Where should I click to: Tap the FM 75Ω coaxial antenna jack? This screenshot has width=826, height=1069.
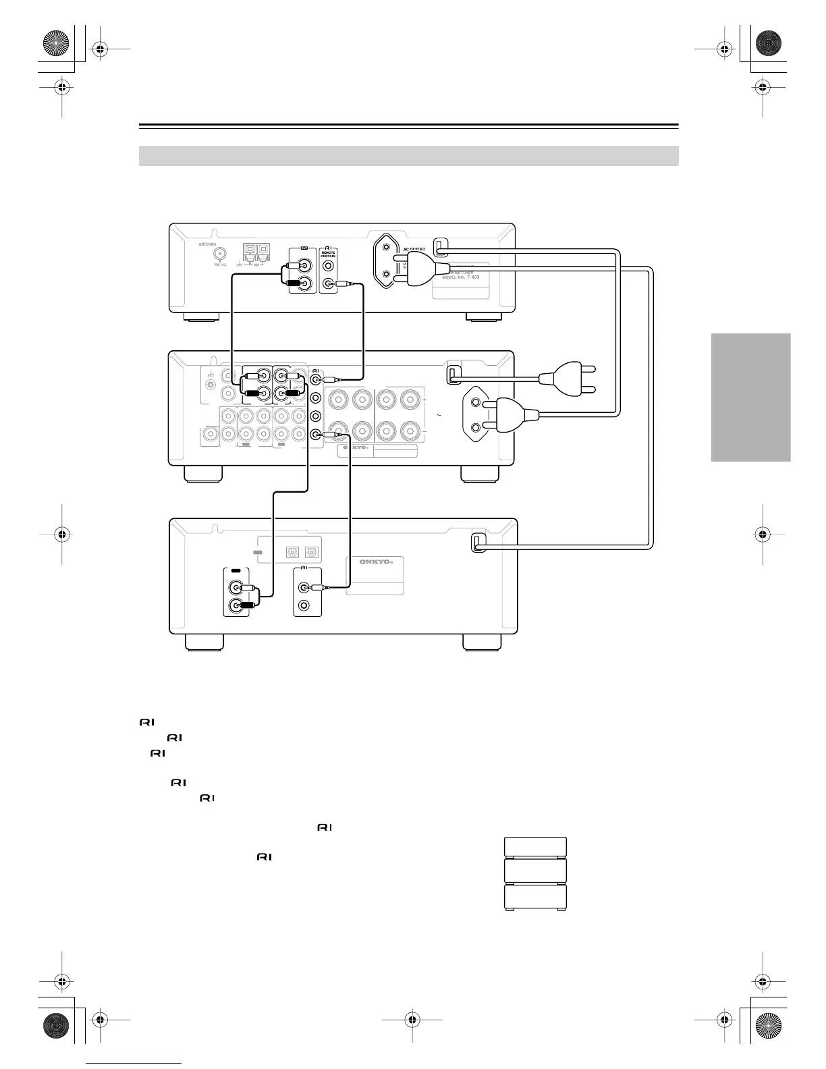click(x=220, y=255)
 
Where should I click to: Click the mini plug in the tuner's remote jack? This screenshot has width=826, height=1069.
click(x=344, y=285)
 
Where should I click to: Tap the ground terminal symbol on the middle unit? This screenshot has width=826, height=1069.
click(x=211, y=375)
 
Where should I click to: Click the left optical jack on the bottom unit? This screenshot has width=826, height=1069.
click(x=294, y=550)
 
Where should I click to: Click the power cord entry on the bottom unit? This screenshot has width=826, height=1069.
click(x=478, y=543)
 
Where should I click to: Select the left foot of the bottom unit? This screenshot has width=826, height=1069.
click(x=204, y=642)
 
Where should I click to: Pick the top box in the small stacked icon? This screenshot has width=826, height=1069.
click(x=535, y=847)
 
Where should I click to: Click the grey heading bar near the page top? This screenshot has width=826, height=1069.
click(x=408, y=156)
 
